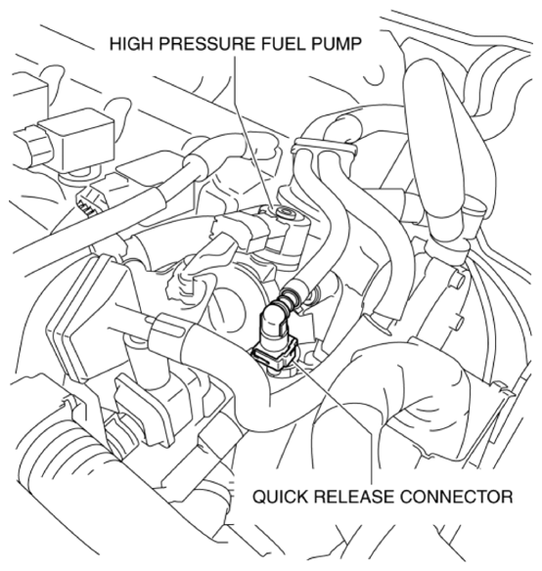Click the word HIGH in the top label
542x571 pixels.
(131, 44)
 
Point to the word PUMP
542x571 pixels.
(335, 44)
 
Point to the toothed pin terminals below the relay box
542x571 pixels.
(86, 208)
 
